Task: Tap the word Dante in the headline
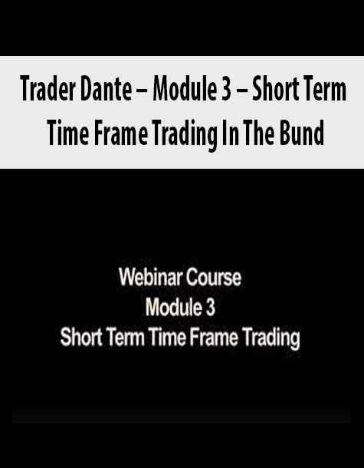point(106,89)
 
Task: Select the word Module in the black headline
point(183,89)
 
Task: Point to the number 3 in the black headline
point(226,90)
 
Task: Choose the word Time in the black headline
point(68,133)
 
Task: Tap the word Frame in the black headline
point(121,133)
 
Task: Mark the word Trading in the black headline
point(185,135)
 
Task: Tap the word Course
point(214,278)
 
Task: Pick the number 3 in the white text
point(210,308)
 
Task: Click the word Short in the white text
point(80,338)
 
